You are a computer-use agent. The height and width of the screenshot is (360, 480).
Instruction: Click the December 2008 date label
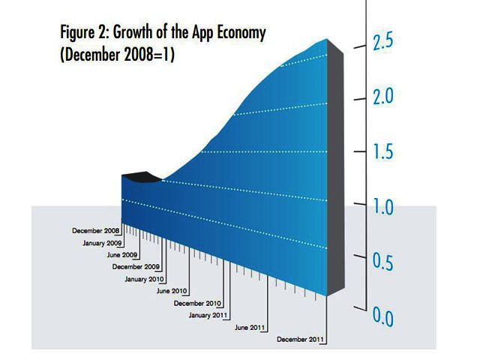click(x=96, y=230)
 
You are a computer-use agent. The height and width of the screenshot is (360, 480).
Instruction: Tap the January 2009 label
click(x=103, y=242)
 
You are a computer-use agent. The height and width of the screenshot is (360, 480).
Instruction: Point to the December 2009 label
click(x=136, y=266)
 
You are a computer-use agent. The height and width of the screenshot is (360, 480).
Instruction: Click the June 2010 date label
click(x=171, y=290)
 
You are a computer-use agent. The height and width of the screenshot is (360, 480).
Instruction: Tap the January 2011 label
click(x=209, y=315)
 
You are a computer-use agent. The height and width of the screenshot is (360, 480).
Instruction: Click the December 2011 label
click(x=300, y=340)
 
